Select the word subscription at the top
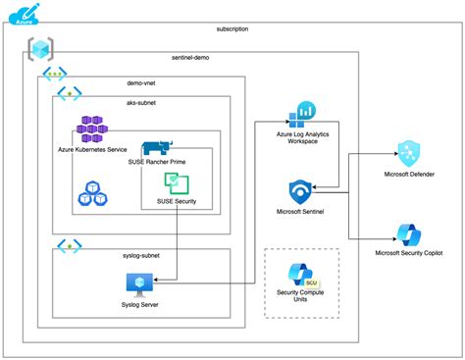point(231,29)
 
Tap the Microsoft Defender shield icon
point(408,152)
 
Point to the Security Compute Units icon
point(300,276)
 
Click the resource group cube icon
point(42,48)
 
